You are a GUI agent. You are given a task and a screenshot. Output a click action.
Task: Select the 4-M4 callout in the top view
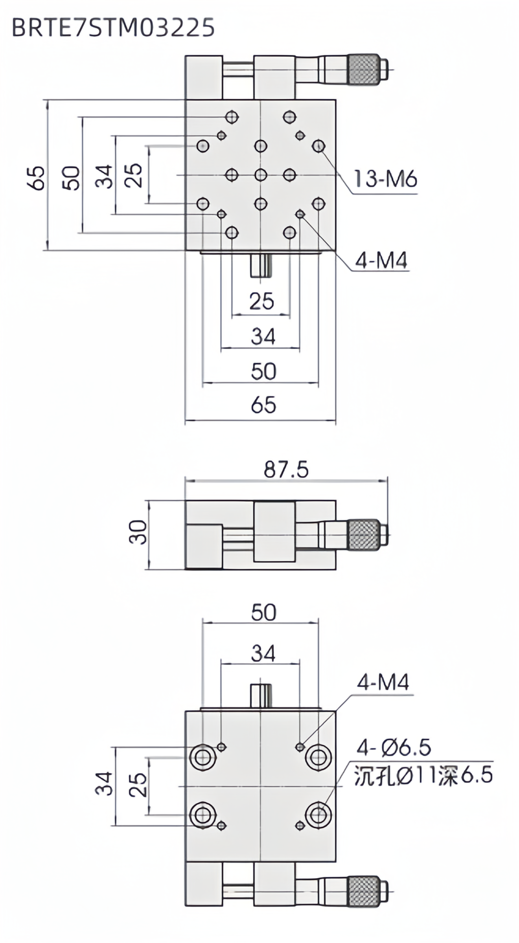(381, 261)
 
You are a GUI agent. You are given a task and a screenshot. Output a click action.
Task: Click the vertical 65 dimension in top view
(37, 178)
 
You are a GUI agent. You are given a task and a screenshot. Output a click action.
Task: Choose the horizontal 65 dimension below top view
(263, 405)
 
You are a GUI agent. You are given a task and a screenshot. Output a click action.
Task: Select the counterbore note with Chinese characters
(423, 775)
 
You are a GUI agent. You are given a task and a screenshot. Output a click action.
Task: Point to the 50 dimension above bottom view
(263, 612)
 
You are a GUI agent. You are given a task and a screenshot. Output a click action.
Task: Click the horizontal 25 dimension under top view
(261, 301)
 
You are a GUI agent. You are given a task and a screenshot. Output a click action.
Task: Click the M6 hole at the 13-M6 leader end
(318, 147)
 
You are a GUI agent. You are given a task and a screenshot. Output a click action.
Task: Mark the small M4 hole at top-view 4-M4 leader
(301, 214)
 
